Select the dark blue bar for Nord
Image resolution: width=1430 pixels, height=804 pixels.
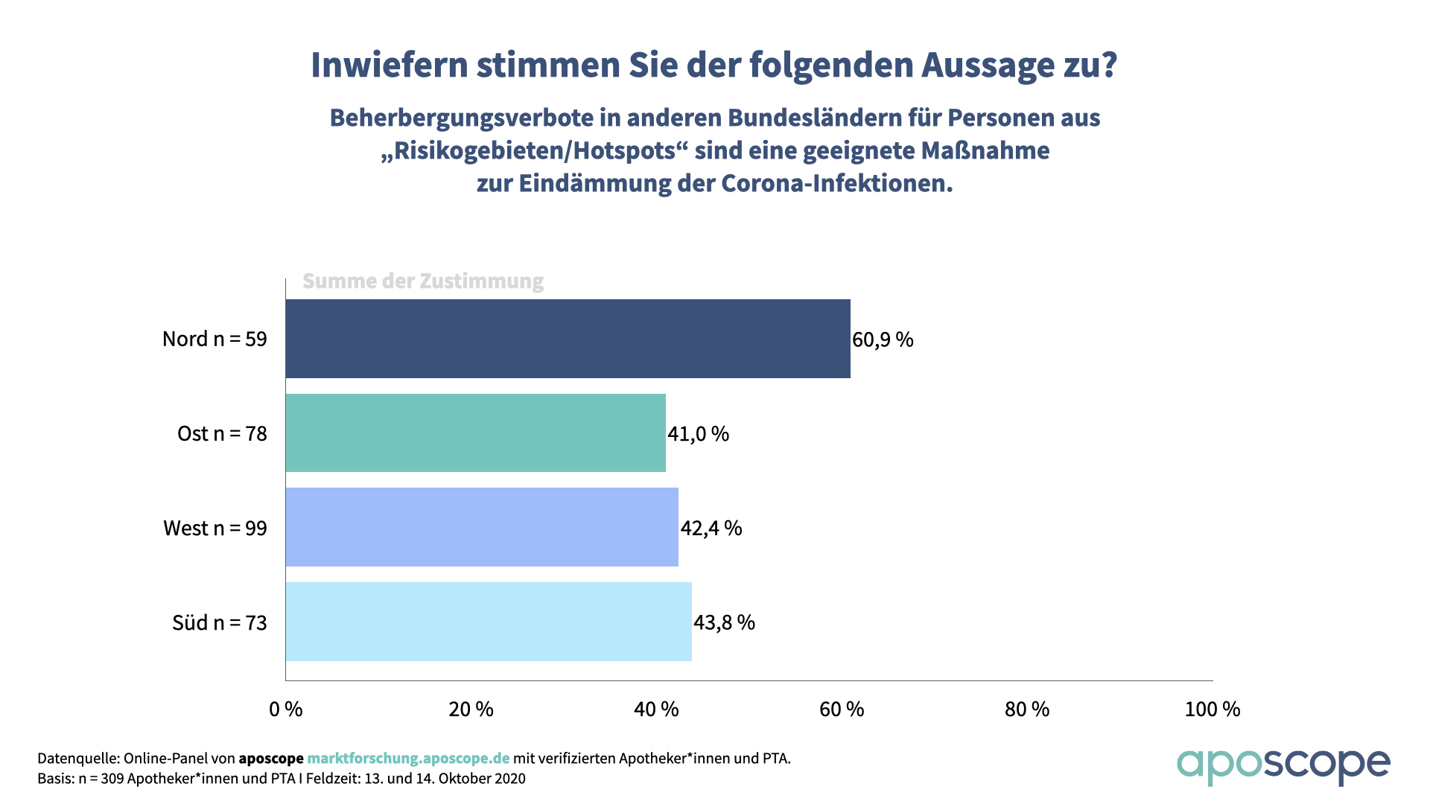(568, 339)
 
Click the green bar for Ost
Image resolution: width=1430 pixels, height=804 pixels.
(475, 433)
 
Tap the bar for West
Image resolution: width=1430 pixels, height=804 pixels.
(482, 527)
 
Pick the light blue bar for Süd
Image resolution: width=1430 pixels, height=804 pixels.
(489, 622)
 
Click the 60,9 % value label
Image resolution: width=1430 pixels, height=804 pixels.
(883, 339)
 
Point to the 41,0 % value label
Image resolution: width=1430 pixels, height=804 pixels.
(698, 433)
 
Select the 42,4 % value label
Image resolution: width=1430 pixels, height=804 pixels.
(711, 528)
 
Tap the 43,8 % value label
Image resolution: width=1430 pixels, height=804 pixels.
(724, 622)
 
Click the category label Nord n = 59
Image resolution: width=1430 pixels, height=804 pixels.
(214, 339)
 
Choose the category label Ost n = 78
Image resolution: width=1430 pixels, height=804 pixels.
(222, 433)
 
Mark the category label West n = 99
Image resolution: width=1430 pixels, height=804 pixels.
(215, 528)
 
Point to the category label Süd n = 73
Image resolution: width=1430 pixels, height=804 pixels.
(220, 622)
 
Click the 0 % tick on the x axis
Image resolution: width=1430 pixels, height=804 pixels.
(286, 709)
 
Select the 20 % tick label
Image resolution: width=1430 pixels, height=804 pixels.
(471, 709)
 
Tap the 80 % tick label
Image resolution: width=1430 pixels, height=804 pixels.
(1027, 709)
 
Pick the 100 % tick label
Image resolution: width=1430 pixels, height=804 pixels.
(1213, 709)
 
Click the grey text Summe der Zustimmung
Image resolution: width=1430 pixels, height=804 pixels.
(423, 281)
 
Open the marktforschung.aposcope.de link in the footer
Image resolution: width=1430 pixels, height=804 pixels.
(408, 758)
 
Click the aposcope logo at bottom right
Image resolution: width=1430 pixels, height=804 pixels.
(1283, 765)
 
